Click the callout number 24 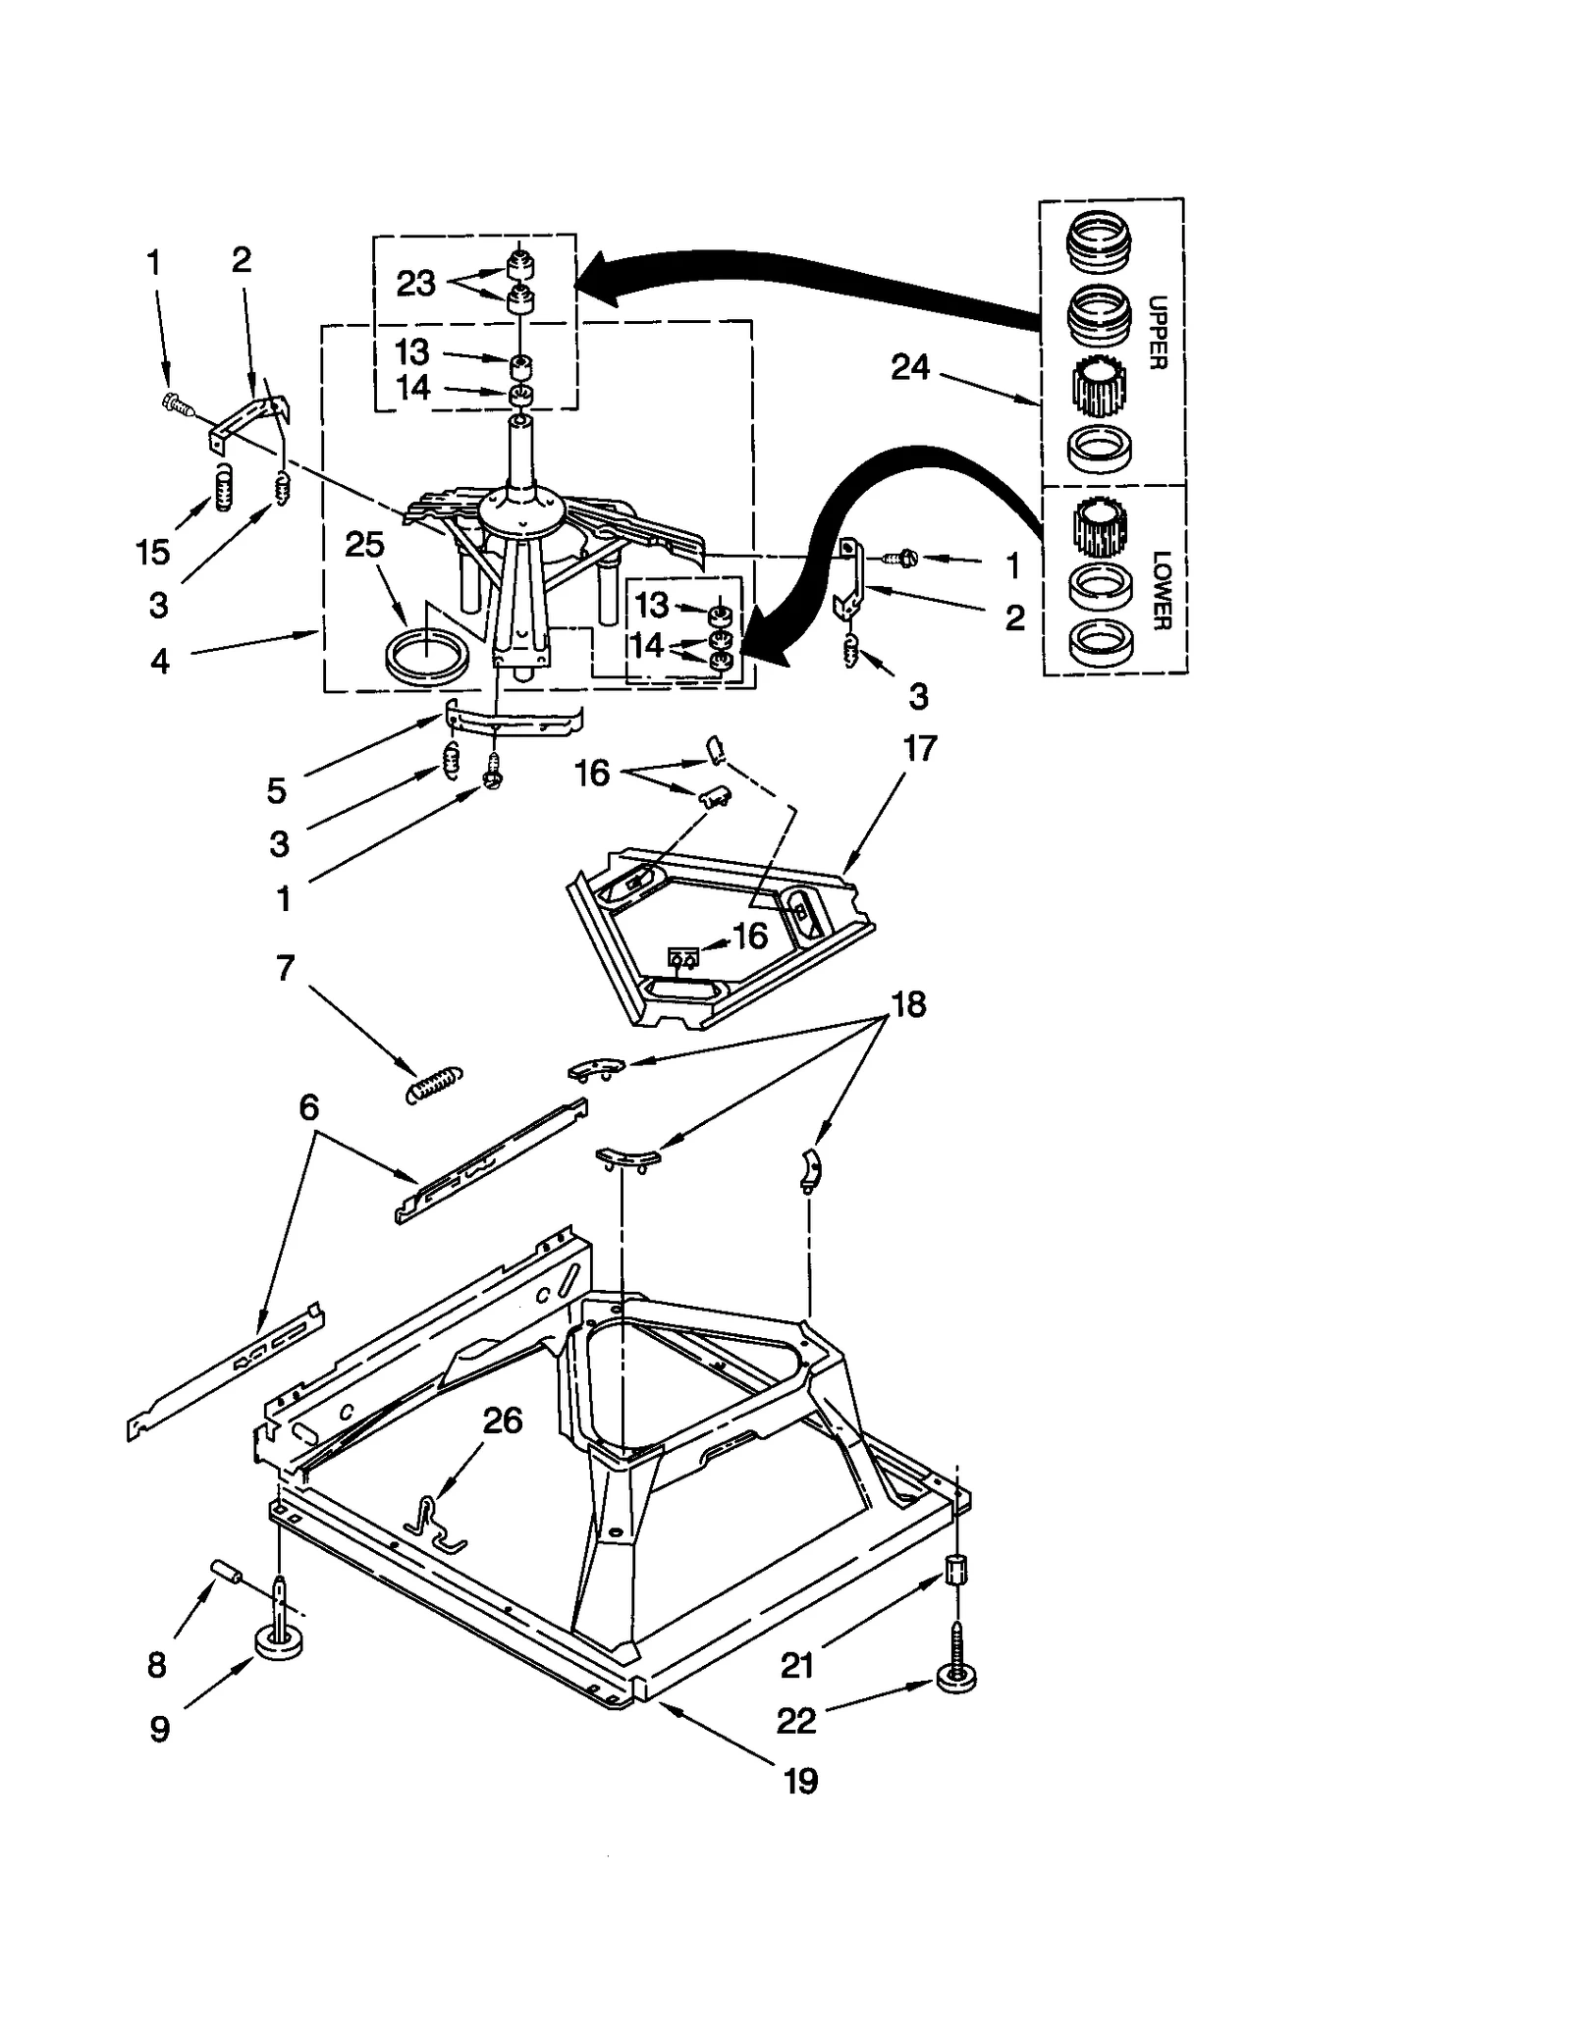click(909, 367)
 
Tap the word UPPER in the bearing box click(1158, 332)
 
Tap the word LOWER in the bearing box click(1162, 589)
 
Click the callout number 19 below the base click(800, 1780)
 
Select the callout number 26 click(503, 1420)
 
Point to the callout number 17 click(919, 749)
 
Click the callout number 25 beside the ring click(364, 544)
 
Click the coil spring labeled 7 click(433, 1085)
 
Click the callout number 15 click(153, 552)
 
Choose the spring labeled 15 click(225, 488)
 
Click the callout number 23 click(415, 283)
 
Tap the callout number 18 click(908, 1004)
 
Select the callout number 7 click(285, 968)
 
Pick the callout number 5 click(276, 790)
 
